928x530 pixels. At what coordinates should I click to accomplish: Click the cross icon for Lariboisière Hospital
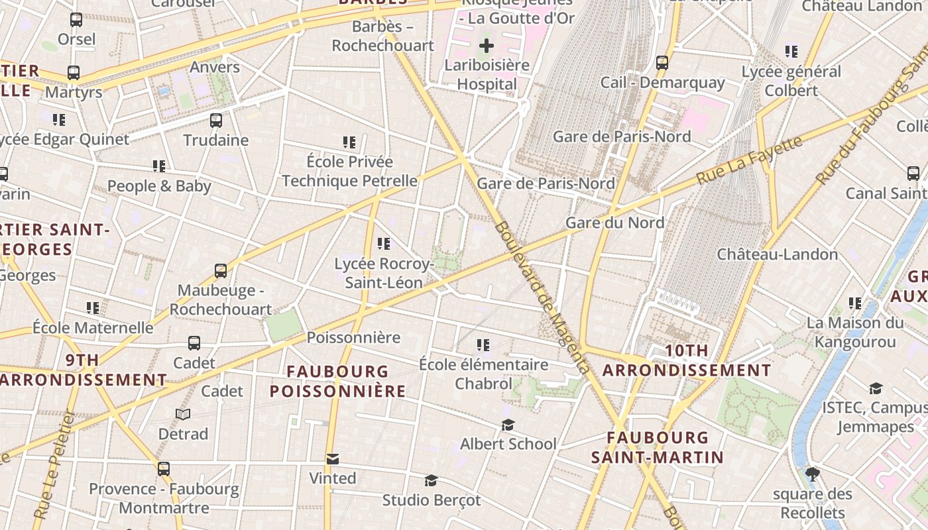[487, 46]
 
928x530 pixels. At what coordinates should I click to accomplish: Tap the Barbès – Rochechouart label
[382, 36]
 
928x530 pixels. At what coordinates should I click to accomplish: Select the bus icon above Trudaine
[216, 121]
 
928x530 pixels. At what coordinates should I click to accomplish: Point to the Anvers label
[215, 67]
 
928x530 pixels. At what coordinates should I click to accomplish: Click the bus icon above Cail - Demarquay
[662, 63]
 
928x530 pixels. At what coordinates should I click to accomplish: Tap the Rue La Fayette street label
[749, 160]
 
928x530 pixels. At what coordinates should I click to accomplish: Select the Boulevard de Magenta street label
[541, 297]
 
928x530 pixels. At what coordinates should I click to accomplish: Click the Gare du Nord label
[614, 223]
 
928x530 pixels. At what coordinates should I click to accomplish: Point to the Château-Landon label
[778, 254]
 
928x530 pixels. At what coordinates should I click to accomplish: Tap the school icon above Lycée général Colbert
[791, 52]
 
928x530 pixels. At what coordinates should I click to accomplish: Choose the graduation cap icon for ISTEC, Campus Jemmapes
[876, 388]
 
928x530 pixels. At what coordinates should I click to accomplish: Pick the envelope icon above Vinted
[333, 459]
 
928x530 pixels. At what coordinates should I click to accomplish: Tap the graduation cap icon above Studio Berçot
[431, 480]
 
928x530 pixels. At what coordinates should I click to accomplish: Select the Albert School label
[508, 444]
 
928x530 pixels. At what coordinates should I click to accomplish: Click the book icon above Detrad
[183, 415]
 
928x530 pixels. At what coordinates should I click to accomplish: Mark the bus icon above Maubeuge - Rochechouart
[221, 271]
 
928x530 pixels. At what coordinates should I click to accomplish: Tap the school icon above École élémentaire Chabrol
[483, 345]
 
